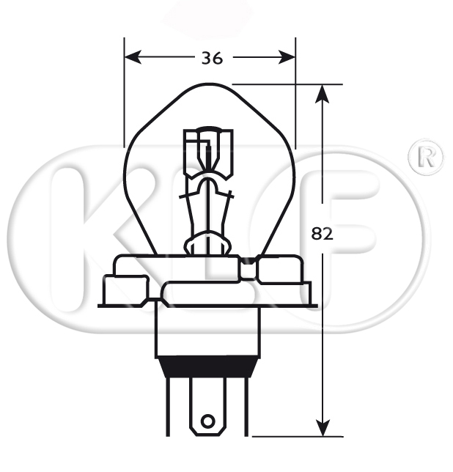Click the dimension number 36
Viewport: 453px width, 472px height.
click(x=212, y=58)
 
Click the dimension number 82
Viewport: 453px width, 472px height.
click(x=323, y=234)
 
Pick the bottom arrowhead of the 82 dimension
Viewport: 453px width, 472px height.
click(x=322, y=429)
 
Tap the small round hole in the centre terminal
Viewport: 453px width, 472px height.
click(x=209, y=421)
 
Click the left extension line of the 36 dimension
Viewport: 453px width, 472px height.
click(x=125, y=95)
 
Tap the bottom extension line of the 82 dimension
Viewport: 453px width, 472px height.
click(x=293, y=435)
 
